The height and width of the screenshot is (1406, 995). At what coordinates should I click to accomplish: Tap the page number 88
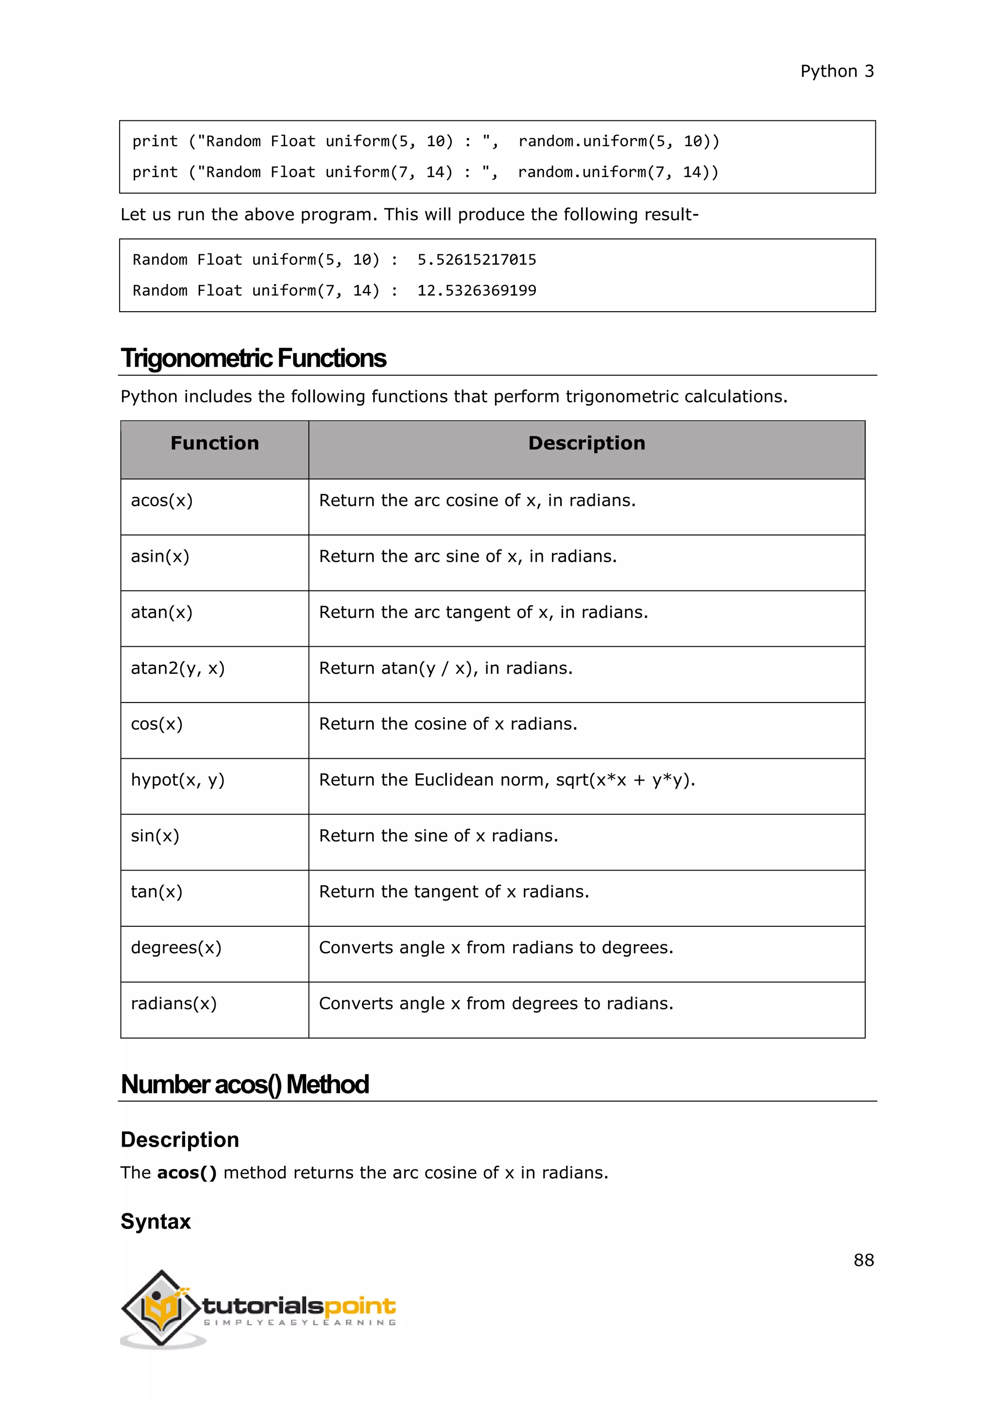click(x=863, y=1260)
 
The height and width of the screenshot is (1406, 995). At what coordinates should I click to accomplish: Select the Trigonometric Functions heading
click(x=253, y=358)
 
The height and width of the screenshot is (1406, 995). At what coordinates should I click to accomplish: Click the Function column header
click(x=214, y=443)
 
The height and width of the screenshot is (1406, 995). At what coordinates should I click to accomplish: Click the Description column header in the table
click(x=586, y=443)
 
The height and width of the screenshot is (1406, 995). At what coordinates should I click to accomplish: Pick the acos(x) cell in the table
click(x=162, y=501)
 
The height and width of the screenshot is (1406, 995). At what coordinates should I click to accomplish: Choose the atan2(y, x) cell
click(x=178, y=668)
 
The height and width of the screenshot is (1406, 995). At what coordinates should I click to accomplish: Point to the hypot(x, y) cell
click(x=178, y=780)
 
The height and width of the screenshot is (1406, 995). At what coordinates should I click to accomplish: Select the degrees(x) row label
click(x=176, y=948)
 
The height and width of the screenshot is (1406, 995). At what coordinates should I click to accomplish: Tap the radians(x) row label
click(x=173, y=1004)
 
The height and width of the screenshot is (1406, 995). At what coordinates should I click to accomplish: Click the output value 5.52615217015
click(x=476, y=260)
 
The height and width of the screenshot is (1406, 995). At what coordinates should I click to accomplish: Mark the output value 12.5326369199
click(x=476, y=291)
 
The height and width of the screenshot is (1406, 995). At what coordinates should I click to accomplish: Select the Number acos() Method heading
click(x=244, y=1085)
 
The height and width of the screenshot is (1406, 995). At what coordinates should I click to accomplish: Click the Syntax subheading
click(x=155, y=1222)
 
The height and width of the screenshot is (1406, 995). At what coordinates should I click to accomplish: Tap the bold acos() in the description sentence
click(x=187, y=1172)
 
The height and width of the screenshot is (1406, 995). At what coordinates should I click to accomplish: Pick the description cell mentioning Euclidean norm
click(x=507, y=780)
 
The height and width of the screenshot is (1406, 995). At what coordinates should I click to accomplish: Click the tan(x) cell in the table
click(x=156, y=892)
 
